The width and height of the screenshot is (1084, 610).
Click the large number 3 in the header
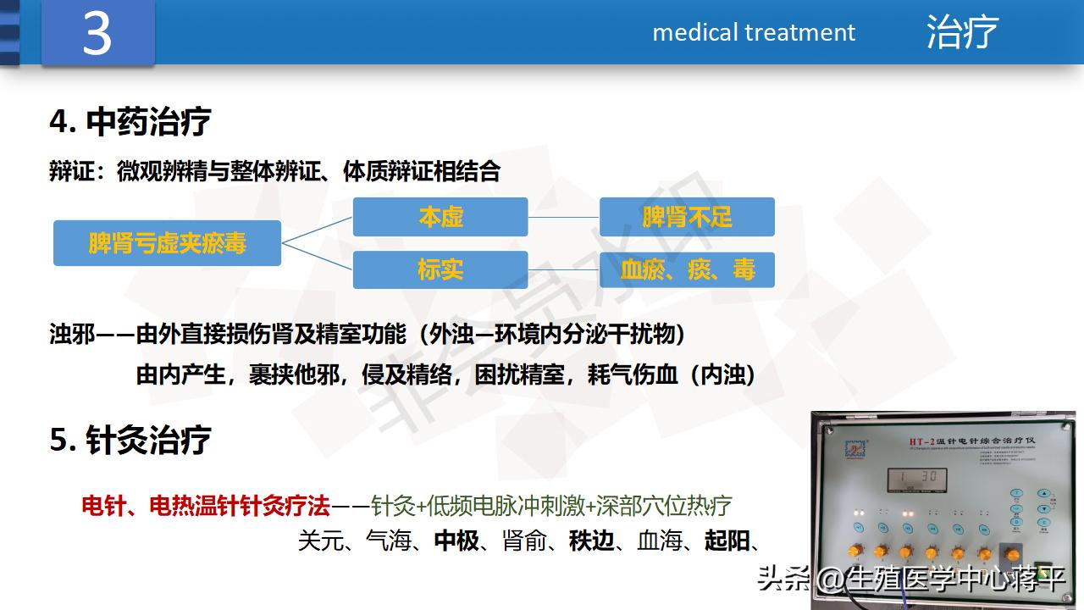coord(97,34)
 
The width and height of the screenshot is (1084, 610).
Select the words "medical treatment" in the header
coord(754,32)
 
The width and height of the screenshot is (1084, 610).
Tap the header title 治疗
coord(962,32)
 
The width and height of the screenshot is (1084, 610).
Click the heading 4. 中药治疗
coord(130,122)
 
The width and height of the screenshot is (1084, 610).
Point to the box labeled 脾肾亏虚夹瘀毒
coord(167,243)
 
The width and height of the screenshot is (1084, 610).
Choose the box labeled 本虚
coord(440,217)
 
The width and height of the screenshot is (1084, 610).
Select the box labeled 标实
coord(440,269)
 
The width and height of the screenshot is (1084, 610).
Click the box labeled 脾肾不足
coord(687,217)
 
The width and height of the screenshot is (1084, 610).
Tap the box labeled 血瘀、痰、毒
coord(687,269)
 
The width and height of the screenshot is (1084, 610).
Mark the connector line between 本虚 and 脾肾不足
coord(563,217)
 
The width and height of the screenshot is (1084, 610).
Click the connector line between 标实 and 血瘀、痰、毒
coord(563,269)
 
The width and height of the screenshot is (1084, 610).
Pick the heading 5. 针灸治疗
coord(130,441)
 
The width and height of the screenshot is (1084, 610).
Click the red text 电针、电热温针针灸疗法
coord(205,507)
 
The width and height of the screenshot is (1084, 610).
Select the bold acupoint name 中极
coord(456,541)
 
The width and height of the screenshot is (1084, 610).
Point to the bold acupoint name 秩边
coord(592,541)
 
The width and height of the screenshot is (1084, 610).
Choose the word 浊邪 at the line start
coord(71,335)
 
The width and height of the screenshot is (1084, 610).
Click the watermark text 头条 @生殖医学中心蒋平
coord(910,579)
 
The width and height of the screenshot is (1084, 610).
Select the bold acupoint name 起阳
coord(727,541)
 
